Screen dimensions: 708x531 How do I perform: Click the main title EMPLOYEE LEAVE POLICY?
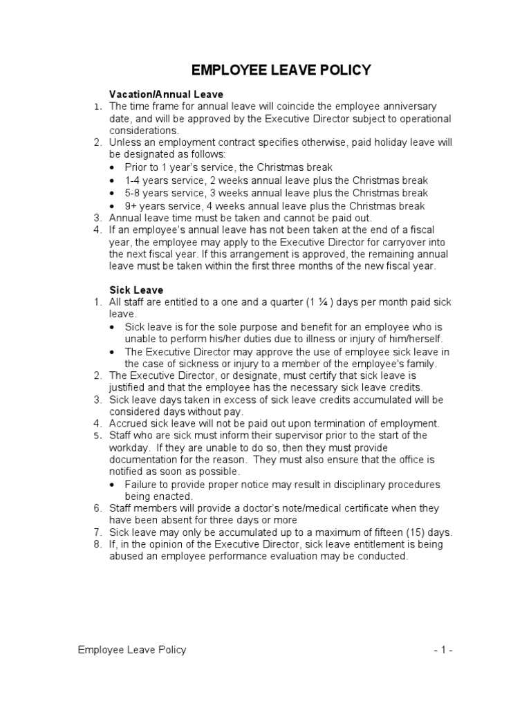point(281,71)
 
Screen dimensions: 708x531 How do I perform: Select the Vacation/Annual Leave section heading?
point(166,93)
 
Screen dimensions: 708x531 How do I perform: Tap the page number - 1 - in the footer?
point(443,650)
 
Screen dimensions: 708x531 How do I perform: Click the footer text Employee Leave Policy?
point(131,650)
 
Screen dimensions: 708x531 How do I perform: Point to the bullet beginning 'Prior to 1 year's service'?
point(228,167)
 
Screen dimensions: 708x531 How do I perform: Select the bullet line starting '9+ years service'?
point(274,206)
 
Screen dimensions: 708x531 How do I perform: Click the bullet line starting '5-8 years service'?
point(276,193)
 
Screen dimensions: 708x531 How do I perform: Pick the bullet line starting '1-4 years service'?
point(276,180)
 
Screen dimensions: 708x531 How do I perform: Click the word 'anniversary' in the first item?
point(408,106)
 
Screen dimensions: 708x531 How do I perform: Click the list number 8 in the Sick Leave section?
point(98,544)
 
